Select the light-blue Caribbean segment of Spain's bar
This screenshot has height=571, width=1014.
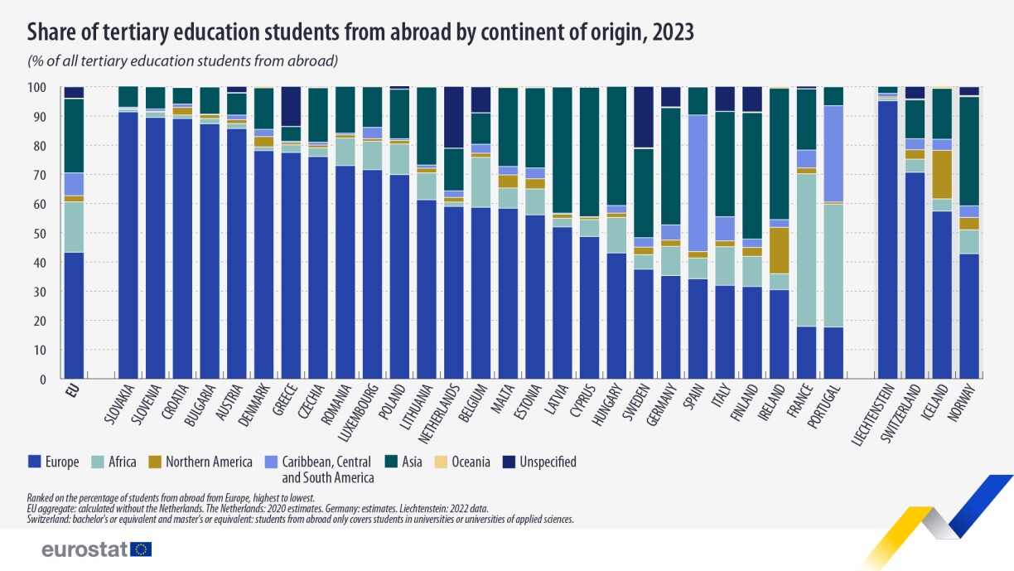(x=698, y=182)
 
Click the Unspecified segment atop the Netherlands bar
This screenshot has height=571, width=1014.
(x=454, y=117)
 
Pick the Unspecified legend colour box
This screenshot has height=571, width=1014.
(x=510, y=462)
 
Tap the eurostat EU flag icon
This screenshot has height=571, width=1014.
(x=141, y=549)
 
